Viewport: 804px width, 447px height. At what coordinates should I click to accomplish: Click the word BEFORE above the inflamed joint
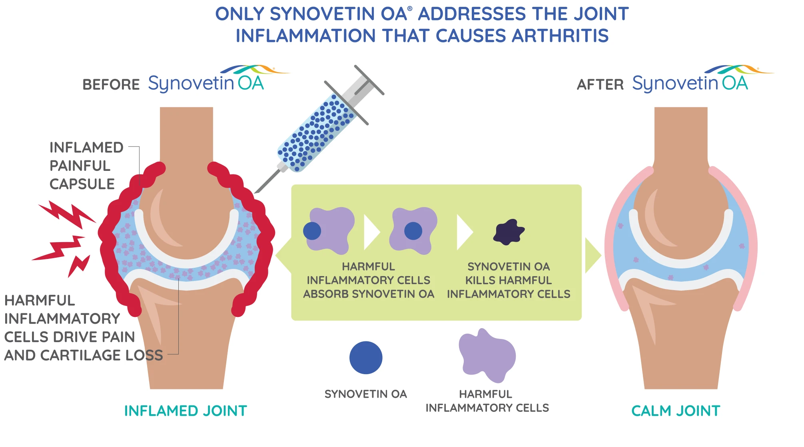111,85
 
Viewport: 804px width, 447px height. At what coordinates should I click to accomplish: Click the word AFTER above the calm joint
600,85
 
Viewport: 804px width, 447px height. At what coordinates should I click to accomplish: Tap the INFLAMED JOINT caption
186,411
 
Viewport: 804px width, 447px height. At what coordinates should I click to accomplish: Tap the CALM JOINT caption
676,411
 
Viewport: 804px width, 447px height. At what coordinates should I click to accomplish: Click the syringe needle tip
255,192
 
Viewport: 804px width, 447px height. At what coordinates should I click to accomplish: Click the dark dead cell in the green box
509,232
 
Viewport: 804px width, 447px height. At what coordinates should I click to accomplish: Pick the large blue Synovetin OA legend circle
366,358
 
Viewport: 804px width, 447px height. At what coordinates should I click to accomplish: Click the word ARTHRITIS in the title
560,36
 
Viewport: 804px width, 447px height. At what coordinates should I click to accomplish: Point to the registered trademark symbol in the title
410,8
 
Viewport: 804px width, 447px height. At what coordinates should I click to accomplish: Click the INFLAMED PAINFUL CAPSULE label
86,166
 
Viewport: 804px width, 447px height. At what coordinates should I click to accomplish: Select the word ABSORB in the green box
326,294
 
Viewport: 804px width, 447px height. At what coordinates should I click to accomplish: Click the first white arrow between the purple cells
372,232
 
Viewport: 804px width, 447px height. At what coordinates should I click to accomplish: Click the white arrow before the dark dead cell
465,232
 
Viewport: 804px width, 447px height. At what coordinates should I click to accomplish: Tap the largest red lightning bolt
67,215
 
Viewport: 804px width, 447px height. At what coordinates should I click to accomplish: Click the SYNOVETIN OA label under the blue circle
365,394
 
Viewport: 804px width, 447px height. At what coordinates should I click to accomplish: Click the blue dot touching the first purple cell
312,231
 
